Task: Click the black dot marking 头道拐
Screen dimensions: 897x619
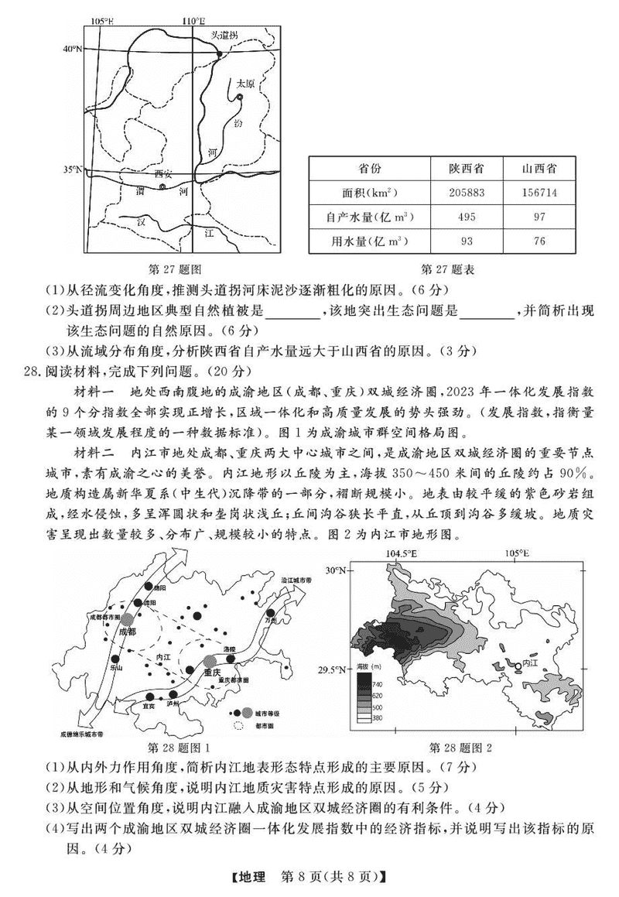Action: [x=220, y=54]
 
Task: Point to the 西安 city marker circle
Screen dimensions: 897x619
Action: [x=162, y=186]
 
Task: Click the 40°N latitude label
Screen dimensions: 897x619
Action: [x=72, y=49]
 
